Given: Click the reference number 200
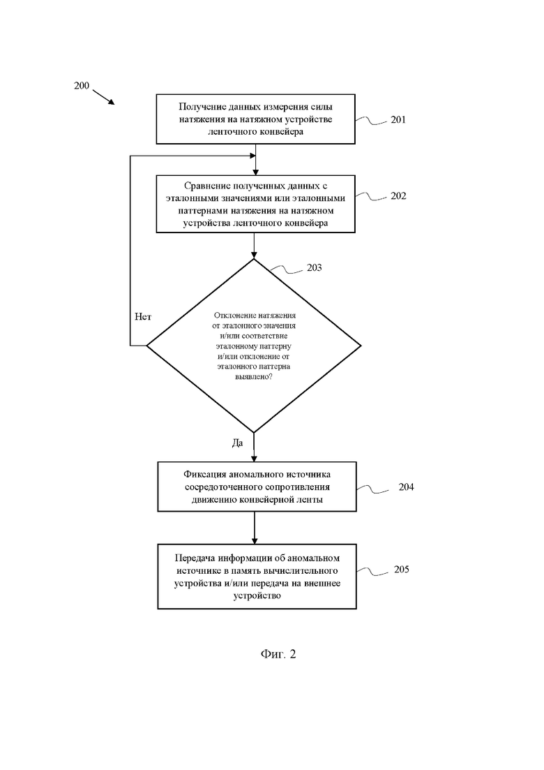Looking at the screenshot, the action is tap(82, 85).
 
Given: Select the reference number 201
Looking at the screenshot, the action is tap(398, 119).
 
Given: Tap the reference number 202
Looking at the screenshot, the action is tap(398, 195).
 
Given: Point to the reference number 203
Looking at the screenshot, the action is tap(315, 267).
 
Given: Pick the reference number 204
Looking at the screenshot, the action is tap(406, 487).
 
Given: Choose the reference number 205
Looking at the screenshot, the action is tap(401, 569).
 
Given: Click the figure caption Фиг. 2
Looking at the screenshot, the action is tap(278, 654).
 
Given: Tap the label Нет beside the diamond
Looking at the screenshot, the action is tap(143, 317).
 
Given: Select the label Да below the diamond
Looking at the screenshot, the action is tap(237, 443).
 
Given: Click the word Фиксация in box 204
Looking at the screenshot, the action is tap(205, 475).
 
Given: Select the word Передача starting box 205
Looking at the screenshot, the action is tap(196, 558).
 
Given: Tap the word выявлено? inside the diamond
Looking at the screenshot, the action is tap(254, 377).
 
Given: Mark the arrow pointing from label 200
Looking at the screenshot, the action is tap(103, 97).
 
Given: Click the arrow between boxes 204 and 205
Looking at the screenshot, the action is tap(254, 527).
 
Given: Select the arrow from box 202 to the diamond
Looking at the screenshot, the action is tap(254, 246).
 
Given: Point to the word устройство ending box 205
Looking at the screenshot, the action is tap(257, 595).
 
